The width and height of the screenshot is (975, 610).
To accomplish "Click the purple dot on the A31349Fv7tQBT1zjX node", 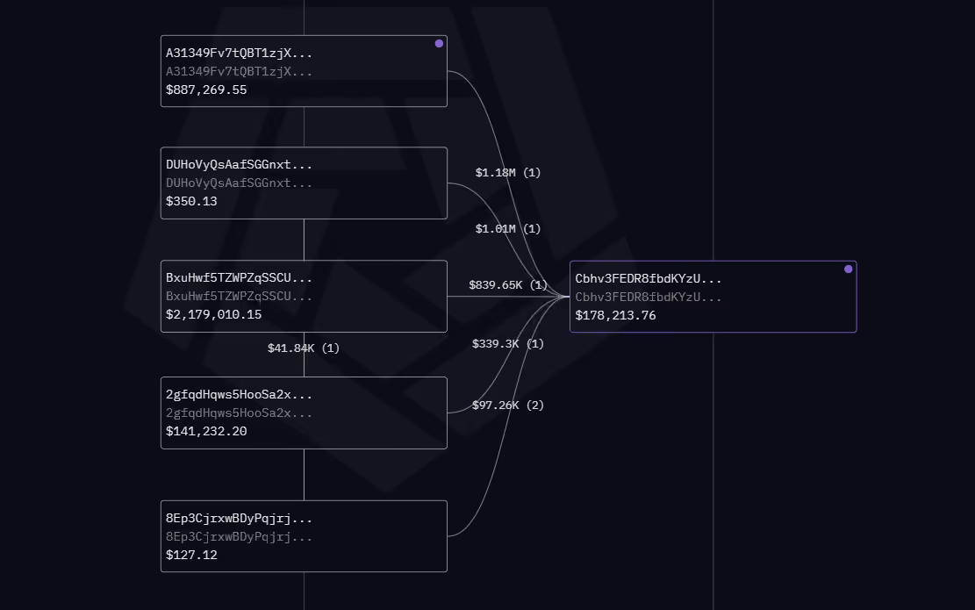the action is point(439,44).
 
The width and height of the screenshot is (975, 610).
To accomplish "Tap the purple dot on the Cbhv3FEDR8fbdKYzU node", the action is point(848,269).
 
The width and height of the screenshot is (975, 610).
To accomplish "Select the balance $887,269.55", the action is point(206,90).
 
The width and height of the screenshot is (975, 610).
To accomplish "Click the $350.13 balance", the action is point(191,201).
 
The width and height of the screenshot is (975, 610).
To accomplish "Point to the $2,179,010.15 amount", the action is point(214,314).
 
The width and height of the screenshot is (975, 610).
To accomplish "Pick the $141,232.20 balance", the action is point(206,431).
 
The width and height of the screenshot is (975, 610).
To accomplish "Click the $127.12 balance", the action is point(191,555).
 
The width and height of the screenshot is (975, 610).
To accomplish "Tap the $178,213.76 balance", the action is point(615,315).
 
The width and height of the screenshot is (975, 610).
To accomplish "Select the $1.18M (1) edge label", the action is point(508,172).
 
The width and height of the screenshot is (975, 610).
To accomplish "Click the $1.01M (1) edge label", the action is point(508,229).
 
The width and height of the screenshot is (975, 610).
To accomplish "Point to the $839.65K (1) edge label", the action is point(508,284).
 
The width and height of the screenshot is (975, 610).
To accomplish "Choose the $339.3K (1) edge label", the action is point(508,344).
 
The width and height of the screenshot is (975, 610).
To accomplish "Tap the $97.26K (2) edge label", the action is point(508,405).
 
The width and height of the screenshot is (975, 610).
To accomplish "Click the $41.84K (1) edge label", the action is point(304,348).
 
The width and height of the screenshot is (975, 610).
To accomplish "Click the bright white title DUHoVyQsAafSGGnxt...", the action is point(239,165).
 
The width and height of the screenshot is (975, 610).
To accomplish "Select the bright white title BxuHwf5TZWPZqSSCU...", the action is point(239,278).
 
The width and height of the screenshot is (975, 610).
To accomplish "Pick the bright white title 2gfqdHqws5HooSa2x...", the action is point(239,395).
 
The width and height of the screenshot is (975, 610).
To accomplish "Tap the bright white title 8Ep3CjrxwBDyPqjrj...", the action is point(239,519).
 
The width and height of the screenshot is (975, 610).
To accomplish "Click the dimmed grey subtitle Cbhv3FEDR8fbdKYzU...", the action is point(648,298).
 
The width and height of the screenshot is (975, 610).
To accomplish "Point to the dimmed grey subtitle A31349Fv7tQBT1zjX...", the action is point(239,71).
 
